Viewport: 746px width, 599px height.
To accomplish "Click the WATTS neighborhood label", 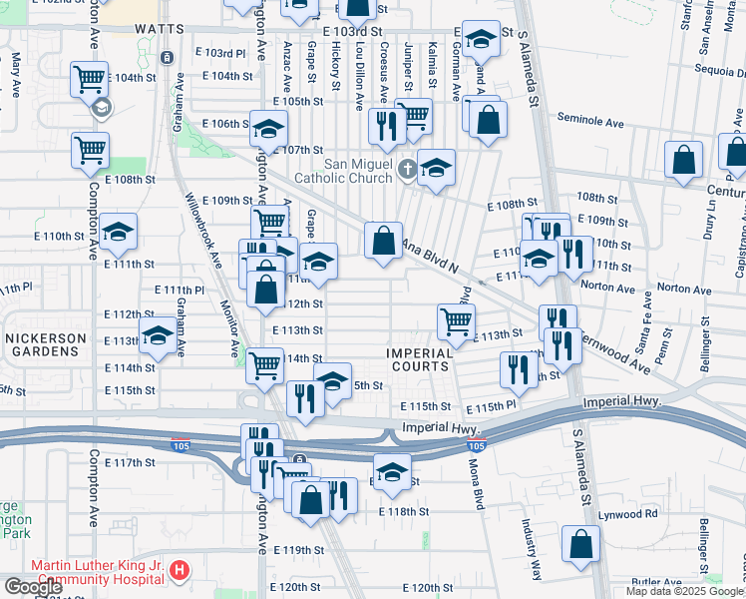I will [x=159, y=31].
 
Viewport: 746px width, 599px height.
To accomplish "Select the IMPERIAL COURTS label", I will [x=420, y=359].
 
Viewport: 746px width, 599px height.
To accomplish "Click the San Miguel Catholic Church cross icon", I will [x=407, y=169].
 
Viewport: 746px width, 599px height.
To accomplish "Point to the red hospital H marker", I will [x=179, y=571].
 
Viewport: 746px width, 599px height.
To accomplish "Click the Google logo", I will [x=33, y=587].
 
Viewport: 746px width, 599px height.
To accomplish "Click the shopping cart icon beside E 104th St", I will [x=90, y=77].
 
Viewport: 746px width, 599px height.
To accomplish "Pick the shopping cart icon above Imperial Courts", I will [x=456, y=319].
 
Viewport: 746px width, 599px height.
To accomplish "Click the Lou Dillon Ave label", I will [x=358, y=74].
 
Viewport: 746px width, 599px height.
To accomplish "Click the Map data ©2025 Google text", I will [x=684, y=591].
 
